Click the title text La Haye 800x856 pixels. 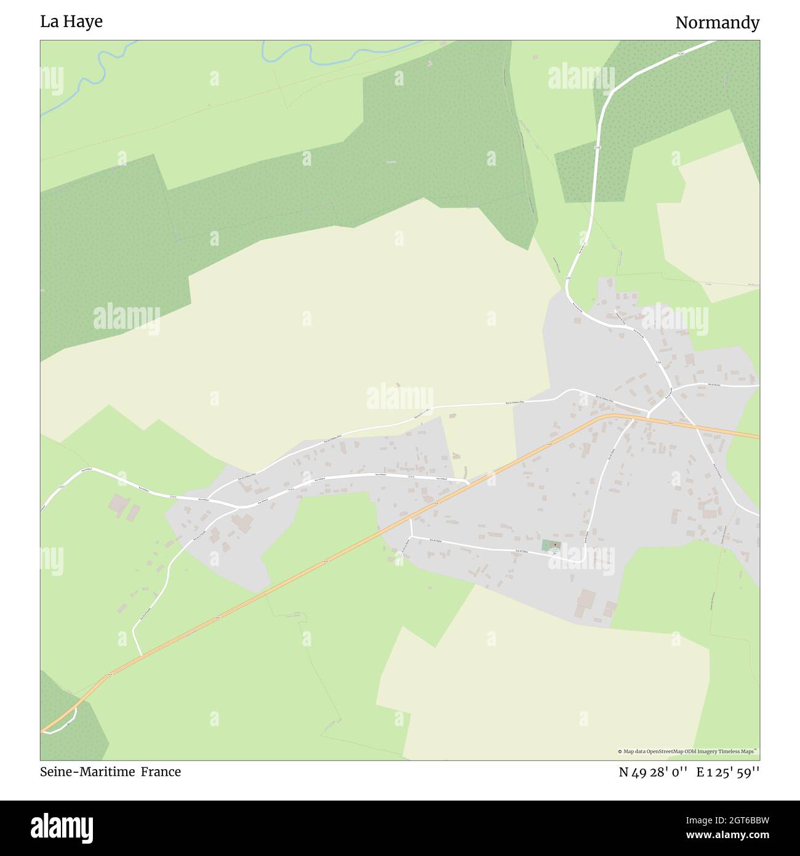[71, 22]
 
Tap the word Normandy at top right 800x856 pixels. [717, 23]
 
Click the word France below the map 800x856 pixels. [161, 772]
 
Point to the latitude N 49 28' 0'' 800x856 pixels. [653, 772]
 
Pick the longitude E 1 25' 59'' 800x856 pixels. [728, 772]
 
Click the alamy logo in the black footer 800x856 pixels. [63, 827]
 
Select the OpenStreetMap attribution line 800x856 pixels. [688, 751]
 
